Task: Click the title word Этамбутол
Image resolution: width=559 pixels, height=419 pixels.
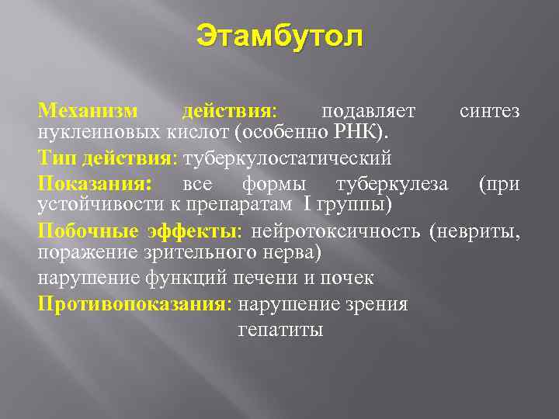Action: click(x=279, y=36)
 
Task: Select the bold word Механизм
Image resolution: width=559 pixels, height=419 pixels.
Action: click(x=83, y=111)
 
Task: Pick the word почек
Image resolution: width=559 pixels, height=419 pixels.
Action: click(x=350, y=279)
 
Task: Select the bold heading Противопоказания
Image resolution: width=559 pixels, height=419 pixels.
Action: click(x=133, y=304)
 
